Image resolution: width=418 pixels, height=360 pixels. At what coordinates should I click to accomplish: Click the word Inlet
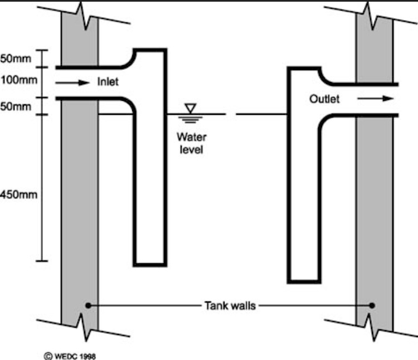(x=108, y=82)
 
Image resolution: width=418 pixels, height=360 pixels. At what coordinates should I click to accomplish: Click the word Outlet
(x=324, y=99)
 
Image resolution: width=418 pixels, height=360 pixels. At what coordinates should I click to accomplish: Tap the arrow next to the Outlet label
(x=377, y=99)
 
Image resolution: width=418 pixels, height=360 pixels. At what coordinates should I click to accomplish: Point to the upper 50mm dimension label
(x=12, y=58)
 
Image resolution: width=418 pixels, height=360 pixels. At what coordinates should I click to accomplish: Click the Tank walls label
(x=230, y=305)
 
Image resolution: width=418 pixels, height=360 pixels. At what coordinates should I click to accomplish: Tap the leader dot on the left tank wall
(x=88, y=305)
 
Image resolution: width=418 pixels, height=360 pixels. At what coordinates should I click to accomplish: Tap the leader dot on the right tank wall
(x=372, y=305)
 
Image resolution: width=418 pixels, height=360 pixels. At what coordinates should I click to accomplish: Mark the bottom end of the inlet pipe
(x=150, y=263)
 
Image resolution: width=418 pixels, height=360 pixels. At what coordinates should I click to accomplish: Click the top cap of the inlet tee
(x=150, y=51)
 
